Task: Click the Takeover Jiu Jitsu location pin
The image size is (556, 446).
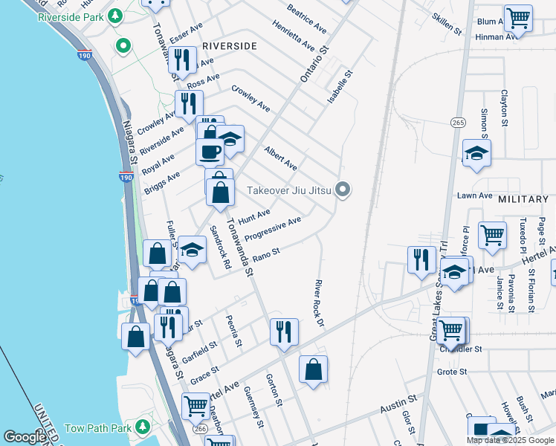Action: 343,190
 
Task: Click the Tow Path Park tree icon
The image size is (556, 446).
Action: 138,427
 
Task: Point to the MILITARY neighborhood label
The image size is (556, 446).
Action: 523,200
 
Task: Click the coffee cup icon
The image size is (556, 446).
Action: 209,151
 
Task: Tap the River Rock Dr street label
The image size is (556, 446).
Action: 320,303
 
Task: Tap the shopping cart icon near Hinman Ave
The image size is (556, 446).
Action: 517,18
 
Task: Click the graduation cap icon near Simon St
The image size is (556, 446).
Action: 476,153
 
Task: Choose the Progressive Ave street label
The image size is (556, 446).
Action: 273,229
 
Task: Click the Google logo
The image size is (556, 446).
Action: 25,437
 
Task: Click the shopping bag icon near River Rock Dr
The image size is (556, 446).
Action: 313,369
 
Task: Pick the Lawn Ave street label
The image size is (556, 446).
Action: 475,195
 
